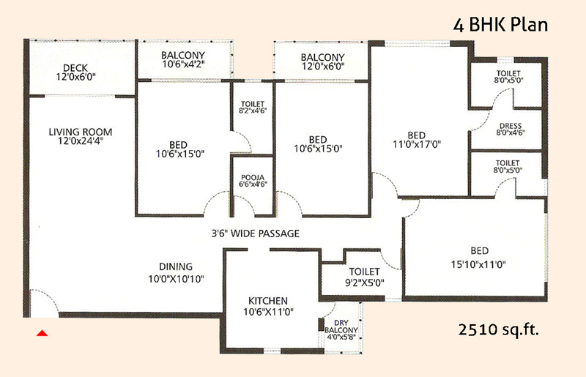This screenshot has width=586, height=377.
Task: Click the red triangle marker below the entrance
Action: click(x=42, y=333)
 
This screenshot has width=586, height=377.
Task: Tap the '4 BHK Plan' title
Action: click(x=500, y=25)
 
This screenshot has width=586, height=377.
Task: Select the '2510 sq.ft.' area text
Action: click(x=499, y=329)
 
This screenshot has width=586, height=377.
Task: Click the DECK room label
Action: click(x=75, y=68)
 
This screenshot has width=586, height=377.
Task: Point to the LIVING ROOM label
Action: click(x=81, y=132)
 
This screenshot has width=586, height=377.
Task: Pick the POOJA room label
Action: click(x=253, y=177)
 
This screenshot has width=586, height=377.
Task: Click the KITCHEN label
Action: click(x=268, y=301)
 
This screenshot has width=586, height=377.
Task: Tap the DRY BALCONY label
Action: click(x=341, y=326)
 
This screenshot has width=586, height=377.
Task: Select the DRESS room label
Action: click(x=511, y=126)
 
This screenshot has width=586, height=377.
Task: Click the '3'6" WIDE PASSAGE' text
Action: click(x=255, y=234)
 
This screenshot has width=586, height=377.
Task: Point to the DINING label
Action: click(x=176, y=266)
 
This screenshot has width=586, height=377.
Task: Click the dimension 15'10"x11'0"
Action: click(x=478, y=264)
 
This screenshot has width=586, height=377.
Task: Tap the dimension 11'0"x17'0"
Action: click(x=417, y=144)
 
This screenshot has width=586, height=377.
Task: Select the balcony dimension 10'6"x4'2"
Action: click(x=183, y=64)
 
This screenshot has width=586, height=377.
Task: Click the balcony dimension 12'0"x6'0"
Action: click(x=323, y=66)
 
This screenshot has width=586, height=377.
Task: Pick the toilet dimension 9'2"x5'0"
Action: click(x=364, y=283)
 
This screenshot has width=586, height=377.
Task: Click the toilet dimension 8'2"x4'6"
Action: click(x=253, y=111)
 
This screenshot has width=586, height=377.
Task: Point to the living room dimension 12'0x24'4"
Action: click(x=81, y=141)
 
